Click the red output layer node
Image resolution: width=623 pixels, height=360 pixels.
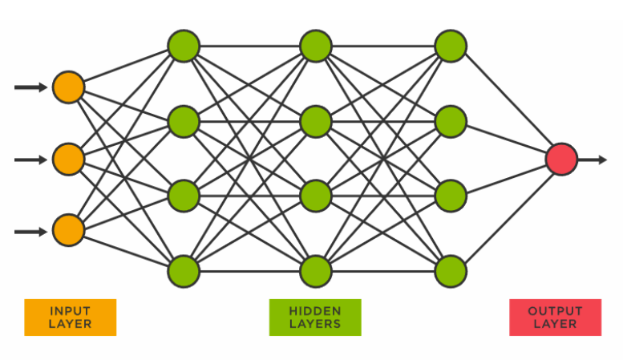click(x=561, y=160)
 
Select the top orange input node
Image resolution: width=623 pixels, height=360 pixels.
click(x=68, y=87)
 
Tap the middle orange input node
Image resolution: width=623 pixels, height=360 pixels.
click(x=68, y=160)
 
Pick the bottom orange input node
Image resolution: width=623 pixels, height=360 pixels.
click(x=68, y=232)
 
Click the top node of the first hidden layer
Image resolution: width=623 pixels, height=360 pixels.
click(x=183, y=45)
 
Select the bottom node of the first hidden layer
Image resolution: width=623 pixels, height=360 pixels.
click(x=183, y=271)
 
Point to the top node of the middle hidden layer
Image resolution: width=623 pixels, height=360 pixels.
click(x=316, y=45)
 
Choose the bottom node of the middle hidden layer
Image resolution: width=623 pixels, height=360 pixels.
click(x=316, y=271)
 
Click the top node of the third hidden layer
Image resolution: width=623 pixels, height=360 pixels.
click(x=450, y=45)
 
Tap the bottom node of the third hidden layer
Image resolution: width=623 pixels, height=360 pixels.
click(x=450, y=271)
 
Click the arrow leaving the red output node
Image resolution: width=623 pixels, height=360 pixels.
click(x=593, y=160)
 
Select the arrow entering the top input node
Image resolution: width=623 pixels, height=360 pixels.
click(x=30, y=87)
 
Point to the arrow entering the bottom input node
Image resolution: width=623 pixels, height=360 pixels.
click(x=30, y=232)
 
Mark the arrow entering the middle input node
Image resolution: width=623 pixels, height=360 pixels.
click(x=30, y=160)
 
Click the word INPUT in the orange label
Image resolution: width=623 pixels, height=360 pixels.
click(x=70, y=310)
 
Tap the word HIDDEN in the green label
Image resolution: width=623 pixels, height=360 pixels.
click(x=315, y=310)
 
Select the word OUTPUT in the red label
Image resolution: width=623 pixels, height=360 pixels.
click(x=555, y=310)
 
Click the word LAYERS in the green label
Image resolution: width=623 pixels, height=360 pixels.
click(x=315, y=324)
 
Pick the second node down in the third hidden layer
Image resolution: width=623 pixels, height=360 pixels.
click(x=450, y=121)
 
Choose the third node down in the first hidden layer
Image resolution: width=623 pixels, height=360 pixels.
click(x=183, y=196)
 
